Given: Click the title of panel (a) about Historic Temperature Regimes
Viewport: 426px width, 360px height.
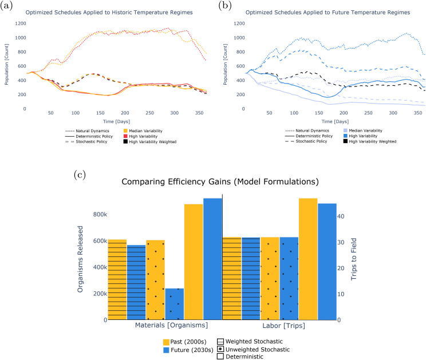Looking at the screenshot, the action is coord(109,13).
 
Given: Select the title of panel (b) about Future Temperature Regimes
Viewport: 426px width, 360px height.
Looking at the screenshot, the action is coord(328,13).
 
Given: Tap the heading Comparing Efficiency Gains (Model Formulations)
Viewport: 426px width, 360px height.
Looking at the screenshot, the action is coord(220,181).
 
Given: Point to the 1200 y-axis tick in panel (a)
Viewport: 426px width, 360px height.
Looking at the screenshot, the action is coord(21,23).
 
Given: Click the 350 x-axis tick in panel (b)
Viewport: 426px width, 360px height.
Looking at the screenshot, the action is coord(418,113).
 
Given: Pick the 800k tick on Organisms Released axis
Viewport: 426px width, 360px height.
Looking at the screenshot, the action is coord(100,215).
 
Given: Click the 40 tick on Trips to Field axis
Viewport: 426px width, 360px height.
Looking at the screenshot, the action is coord(341,216).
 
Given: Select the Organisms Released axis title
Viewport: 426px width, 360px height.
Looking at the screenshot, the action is coord(80,259).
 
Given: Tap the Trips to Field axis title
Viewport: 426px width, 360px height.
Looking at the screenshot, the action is coord(353,259).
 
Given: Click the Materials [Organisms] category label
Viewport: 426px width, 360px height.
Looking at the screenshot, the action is coord(171,325).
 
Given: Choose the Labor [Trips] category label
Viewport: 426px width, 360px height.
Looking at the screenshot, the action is coord(283,326).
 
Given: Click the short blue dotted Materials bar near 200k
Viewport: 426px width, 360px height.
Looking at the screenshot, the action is coord(175,304).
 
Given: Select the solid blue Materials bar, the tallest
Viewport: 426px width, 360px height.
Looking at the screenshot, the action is coord(213,259).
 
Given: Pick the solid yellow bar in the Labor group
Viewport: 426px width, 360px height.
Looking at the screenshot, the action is coord(308,259).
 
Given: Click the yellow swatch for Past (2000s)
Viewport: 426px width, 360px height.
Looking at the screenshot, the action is coord(166,342).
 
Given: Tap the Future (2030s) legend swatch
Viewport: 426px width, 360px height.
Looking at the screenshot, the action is coord(166,350).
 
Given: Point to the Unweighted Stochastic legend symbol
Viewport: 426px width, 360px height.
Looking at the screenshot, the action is coord(220,349).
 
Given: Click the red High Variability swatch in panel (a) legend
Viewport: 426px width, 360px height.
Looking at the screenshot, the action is coord(125,136).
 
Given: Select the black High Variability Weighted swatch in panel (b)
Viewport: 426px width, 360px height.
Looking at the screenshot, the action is coord(345,141).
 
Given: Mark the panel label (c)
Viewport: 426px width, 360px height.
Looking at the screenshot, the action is coord(80,175).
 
